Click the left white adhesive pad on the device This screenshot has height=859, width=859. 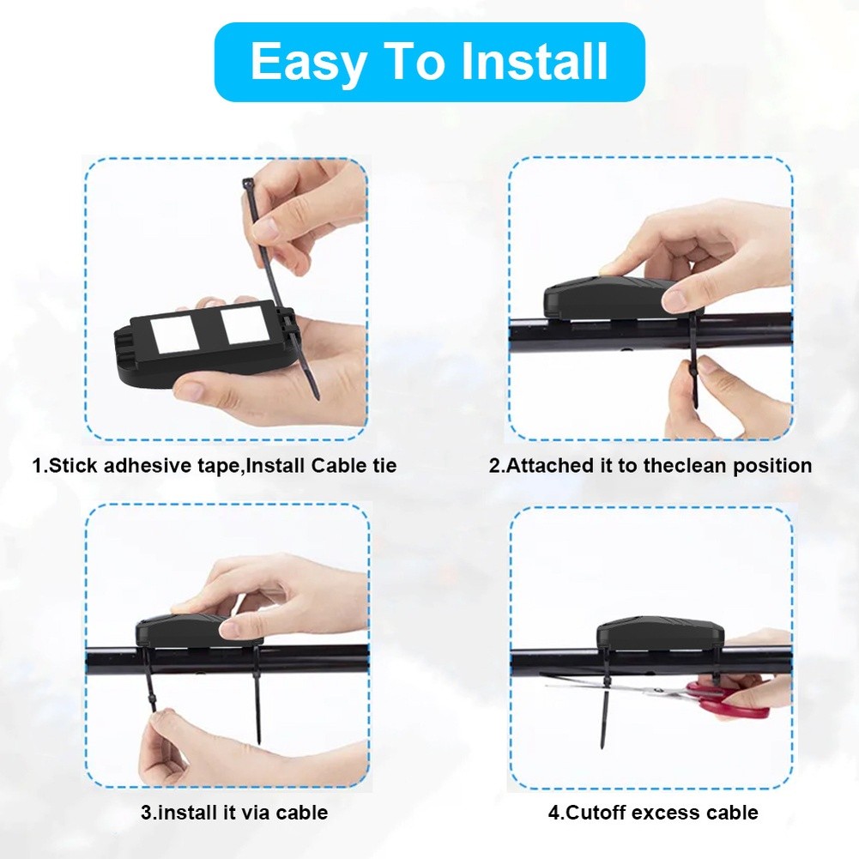[x=175, y=334]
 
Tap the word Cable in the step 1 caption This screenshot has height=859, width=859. [x=337, y=466]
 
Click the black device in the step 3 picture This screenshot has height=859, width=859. [x=198, y=632]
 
